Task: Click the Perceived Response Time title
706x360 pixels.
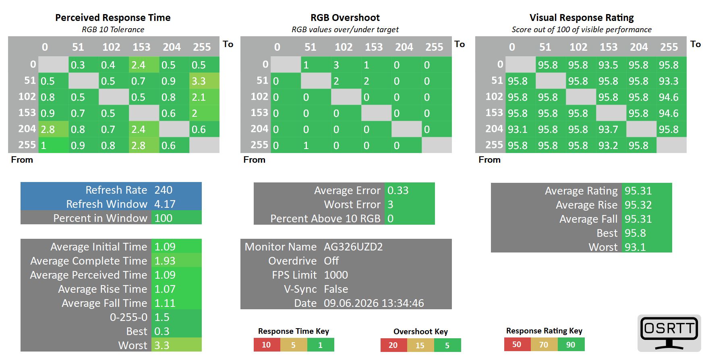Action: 113,18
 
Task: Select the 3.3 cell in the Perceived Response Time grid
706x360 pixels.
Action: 204,81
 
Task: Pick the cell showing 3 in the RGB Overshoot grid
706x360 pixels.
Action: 346,64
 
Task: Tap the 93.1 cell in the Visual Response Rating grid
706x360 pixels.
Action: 520,129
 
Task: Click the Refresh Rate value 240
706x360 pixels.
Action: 163,190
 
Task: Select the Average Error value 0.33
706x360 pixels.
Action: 398,190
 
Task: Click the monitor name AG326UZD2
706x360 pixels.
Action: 353,246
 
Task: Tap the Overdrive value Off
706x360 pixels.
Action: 331,261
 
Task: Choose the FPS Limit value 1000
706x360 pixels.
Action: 336,275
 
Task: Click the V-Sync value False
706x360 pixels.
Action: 336,289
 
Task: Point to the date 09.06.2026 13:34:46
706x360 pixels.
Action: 374,303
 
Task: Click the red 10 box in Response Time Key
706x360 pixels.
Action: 267,345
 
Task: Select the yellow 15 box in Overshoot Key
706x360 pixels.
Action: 420,345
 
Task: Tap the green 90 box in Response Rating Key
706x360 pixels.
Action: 571,344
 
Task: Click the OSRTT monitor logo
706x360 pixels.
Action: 669,333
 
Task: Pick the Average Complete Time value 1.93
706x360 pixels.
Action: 165,261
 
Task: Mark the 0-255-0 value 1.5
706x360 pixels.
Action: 162,317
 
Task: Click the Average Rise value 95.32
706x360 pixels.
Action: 638,205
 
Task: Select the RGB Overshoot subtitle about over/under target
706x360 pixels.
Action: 345,29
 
